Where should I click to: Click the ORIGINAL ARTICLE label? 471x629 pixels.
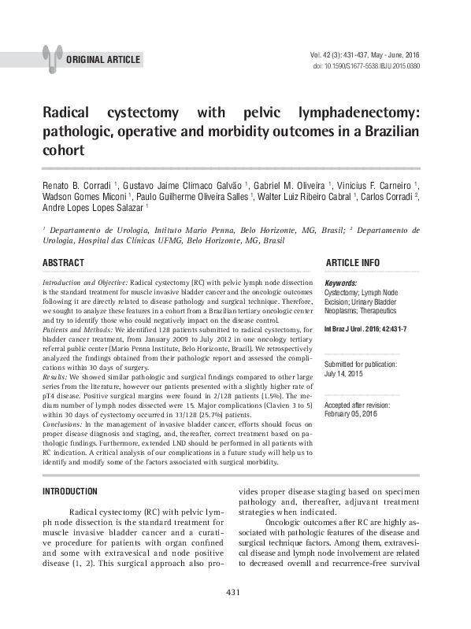[103, 59]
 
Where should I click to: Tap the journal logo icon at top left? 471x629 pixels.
[52, 56]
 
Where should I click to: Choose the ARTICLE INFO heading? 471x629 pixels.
[352, 263]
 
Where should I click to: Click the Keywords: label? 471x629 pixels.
[340, 282]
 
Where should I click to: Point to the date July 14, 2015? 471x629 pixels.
[343, 374]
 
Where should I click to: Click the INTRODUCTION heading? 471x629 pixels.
[69, 492]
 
